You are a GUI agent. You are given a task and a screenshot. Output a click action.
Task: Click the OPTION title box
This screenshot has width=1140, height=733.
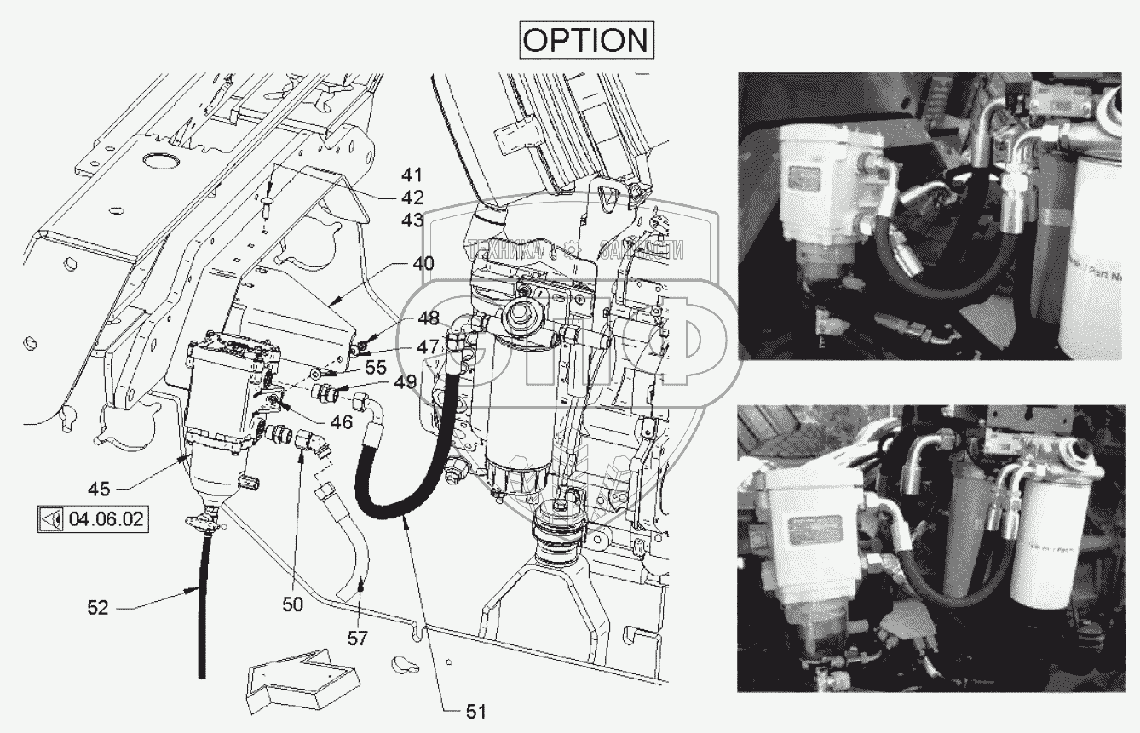coord(586,39)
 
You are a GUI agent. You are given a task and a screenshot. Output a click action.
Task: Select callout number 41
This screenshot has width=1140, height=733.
coord(412,175)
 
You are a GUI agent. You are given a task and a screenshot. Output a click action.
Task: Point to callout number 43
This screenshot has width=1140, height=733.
coord(412,220)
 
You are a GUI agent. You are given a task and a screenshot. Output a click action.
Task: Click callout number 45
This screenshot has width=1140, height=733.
coord(99,489)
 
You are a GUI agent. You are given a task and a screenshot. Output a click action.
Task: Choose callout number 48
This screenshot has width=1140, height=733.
coord(429,318)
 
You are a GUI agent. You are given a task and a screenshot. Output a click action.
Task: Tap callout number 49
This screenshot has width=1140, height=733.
coord(406,381)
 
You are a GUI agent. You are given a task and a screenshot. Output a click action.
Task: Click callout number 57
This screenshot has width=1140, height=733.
coord(358,637)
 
